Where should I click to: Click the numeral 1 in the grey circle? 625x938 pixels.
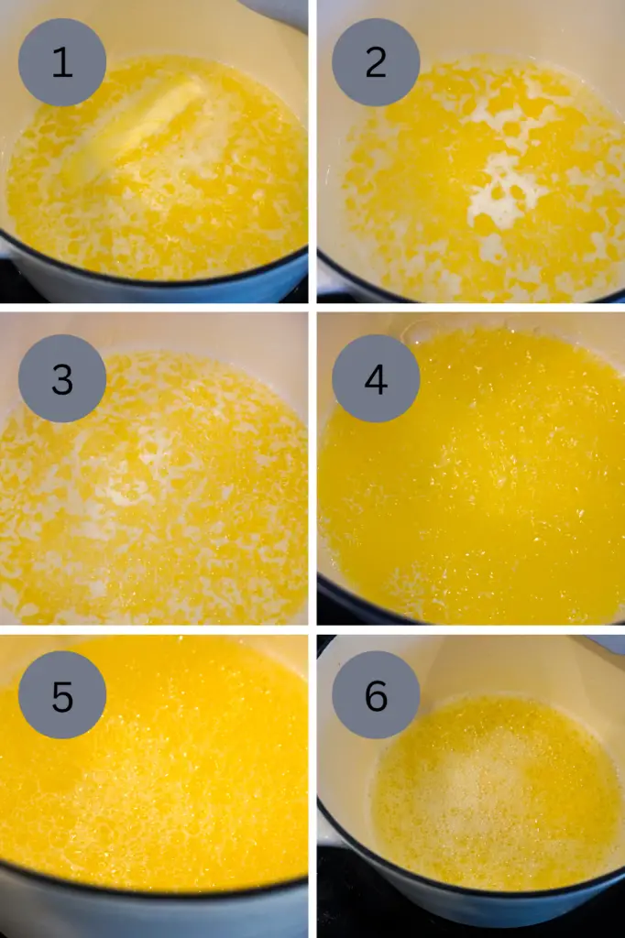[62, 62]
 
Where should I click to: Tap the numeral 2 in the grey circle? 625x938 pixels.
[376, 62]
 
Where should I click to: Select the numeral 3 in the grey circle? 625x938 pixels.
[62, 378]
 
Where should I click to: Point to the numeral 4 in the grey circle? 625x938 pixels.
[376, 378]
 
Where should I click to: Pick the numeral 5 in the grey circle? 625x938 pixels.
[62, 696]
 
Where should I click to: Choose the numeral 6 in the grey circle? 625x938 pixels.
[376, 696]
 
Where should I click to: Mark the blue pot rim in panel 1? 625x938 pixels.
[157, 280]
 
